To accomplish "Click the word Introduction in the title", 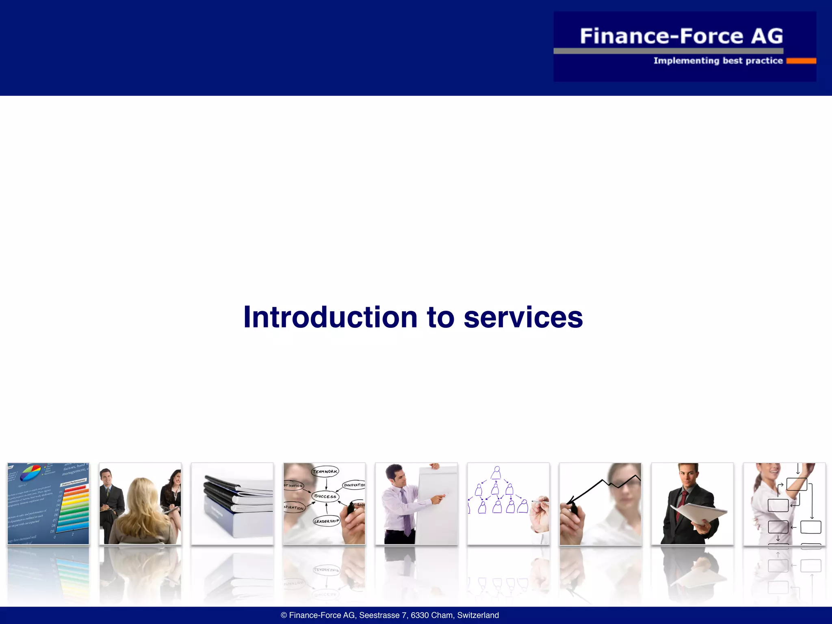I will pos(330,317).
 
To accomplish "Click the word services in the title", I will pos(523,317).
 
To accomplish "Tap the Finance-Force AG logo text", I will pos(681,36).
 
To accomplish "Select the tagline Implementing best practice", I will pos(718,61).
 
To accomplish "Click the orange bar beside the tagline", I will pos(801,61).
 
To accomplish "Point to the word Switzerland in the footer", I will pos(478,615).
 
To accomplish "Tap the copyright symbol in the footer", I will pos(284,615).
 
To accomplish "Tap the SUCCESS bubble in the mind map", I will pos(325,496).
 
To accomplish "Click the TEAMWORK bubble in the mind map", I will pos(325,472).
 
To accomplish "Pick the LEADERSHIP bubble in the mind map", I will pos(326,521).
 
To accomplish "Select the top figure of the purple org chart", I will pos(496,472).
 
